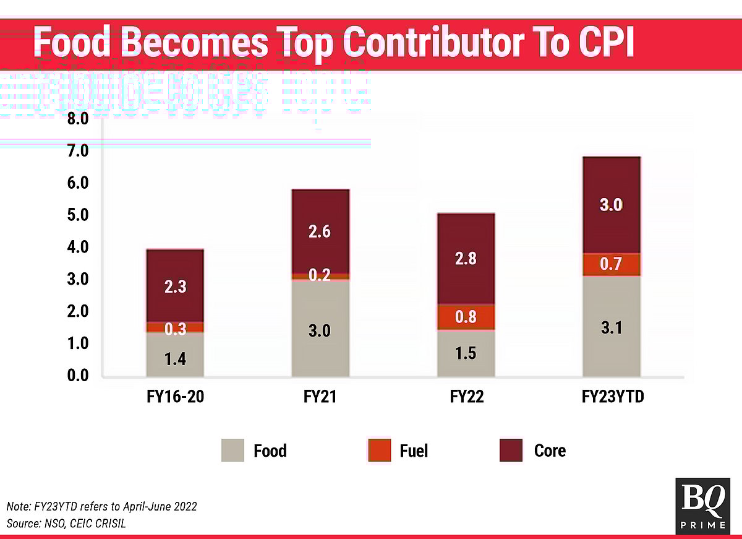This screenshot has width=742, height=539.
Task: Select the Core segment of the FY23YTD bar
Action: click(612, 186)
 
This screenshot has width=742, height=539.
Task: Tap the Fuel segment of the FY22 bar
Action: click(466, 317)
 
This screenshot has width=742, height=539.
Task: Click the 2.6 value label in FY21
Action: click(320, 233)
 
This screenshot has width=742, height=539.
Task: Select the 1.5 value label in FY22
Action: click(466, 354)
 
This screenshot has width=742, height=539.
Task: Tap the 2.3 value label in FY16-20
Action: click(175, 287)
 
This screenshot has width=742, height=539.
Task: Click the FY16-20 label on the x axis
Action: click(175, 397)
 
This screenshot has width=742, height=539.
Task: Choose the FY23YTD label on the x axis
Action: click(613, 397)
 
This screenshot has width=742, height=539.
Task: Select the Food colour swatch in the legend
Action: click(233, 450)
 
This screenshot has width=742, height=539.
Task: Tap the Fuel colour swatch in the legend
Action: click(378, 450)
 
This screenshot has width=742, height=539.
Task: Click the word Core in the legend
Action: click(550, 450)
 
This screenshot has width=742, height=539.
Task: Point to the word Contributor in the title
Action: click(441, 43)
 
